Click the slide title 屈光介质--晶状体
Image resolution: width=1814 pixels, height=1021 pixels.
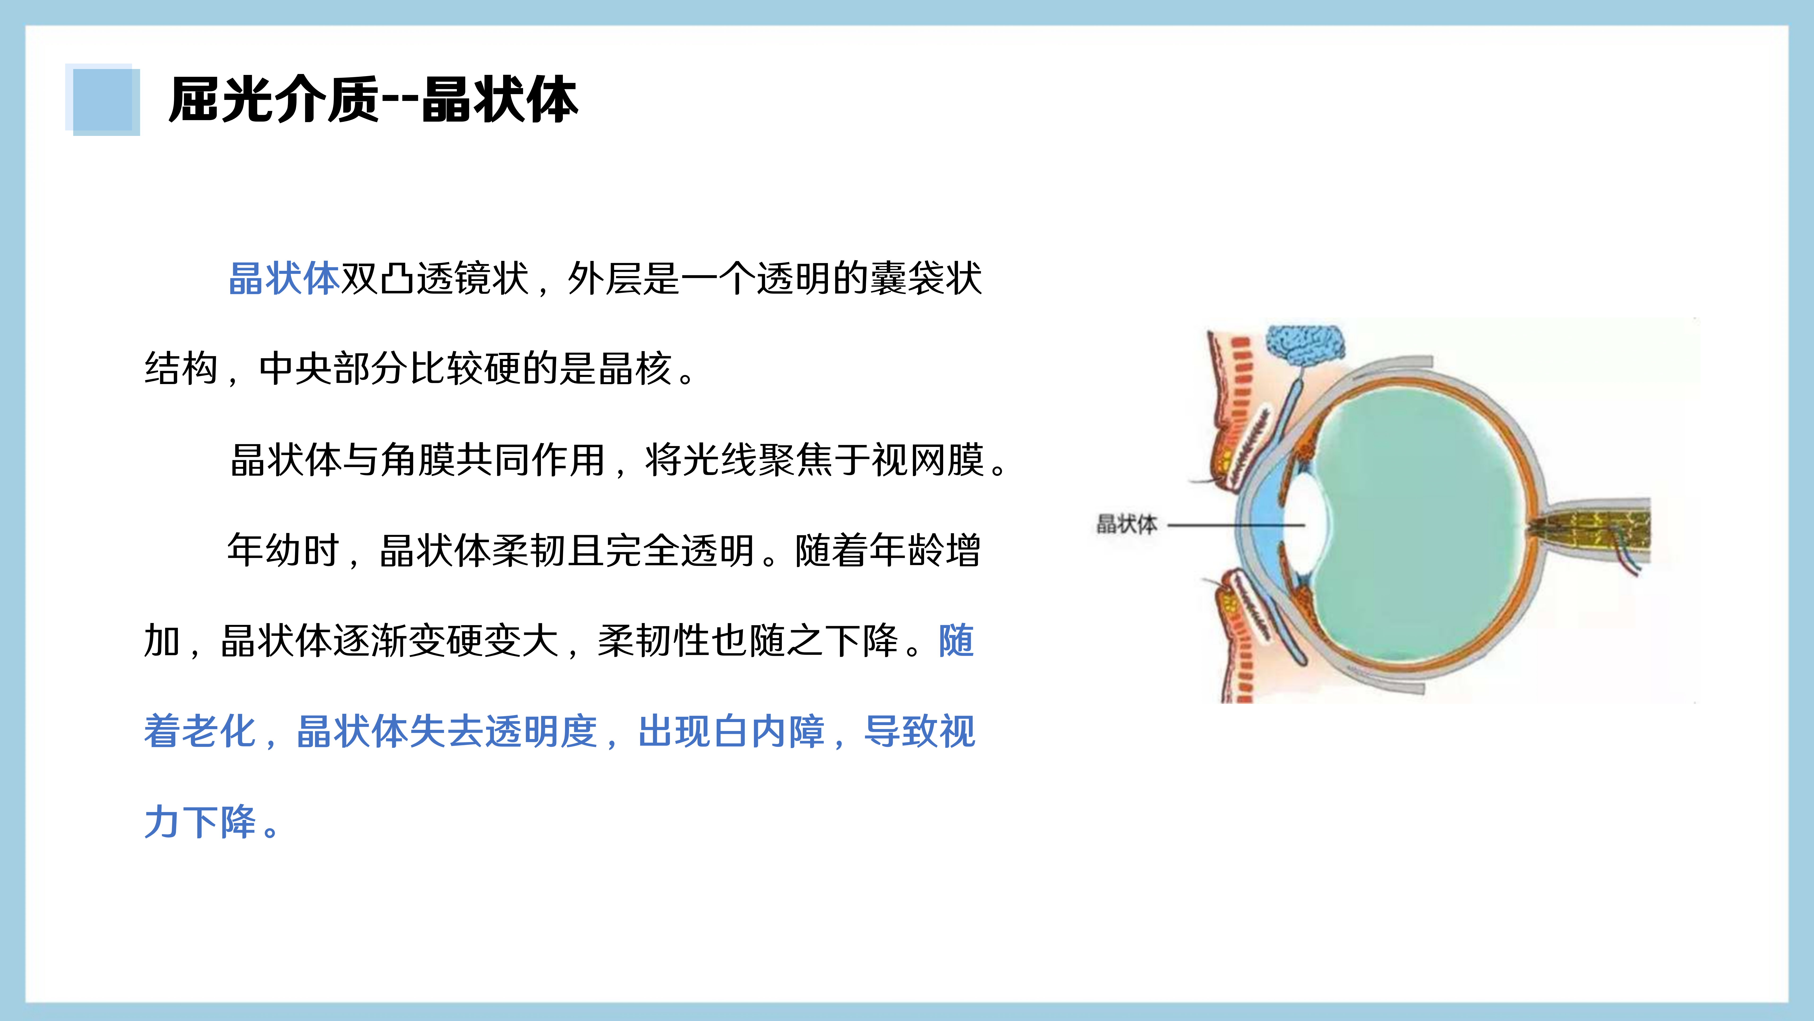(x=373, y=100)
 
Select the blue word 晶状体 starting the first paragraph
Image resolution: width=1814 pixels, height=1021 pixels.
(x=284, y=278)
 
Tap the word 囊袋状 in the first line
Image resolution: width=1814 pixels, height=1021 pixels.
(x=926, y=278)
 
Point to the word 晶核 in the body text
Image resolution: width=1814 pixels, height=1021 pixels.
(x=635, y=368)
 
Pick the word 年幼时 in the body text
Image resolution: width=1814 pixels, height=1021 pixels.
(x=284, y=550)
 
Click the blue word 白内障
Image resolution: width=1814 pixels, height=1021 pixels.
(x=732, y=731)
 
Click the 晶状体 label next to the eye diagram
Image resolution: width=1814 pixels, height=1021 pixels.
(x=1126, y=524)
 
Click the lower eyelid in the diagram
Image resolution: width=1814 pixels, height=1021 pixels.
(x=1246, y=634)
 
